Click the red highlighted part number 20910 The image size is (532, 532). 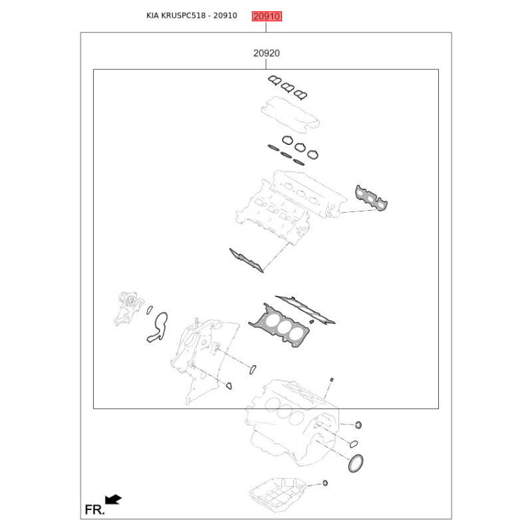pyautogui.click(x=266, y=16)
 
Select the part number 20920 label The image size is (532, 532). pyautogui.click(x=266, y=53)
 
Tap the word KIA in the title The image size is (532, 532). pyautogui.click(x=155, y=16)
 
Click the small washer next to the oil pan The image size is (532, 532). pyautogui.click(x=325, y=482)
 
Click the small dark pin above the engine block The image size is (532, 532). pyautogui.click(x=331, y=380)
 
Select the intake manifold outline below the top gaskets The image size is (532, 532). pyautogui.click(x=291, y=112)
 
